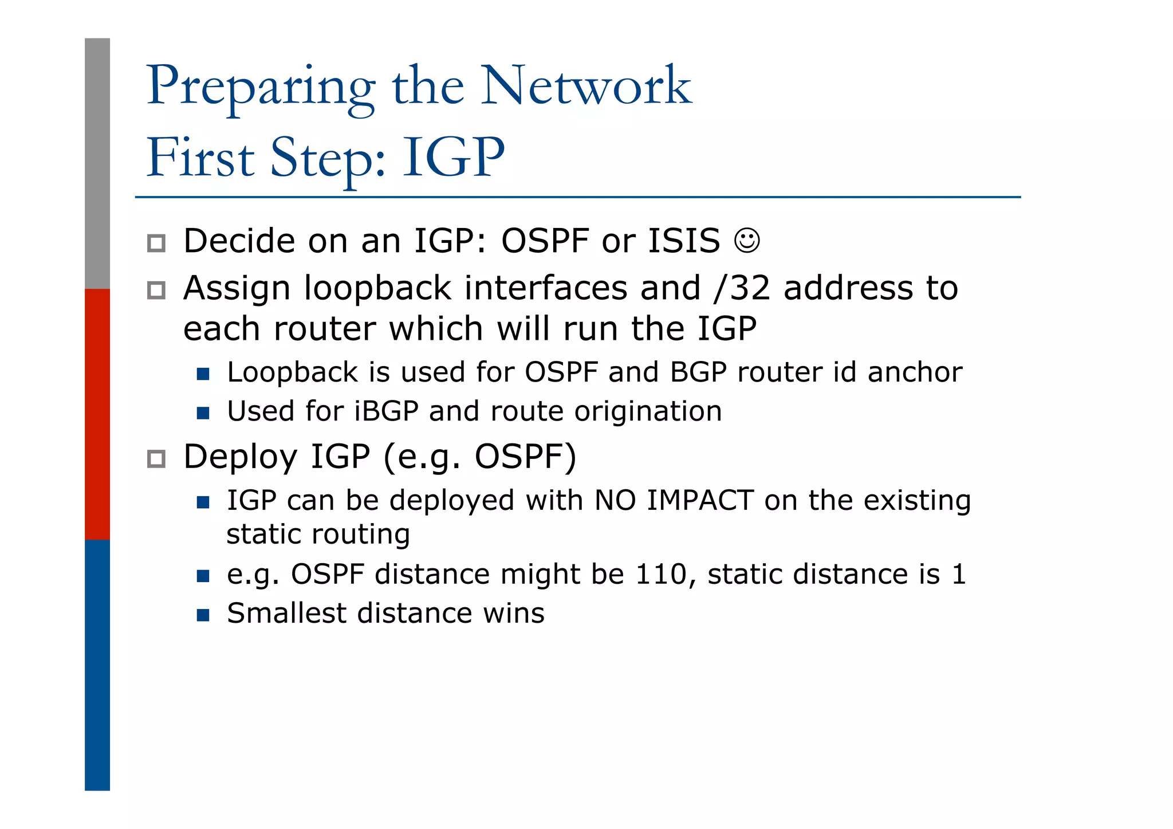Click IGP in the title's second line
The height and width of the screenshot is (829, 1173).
[x=454, y=158]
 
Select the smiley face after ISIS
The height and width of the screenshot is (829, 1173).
[x=747, y=241]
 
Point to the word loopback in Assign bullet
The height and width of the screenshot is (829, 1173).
[x=377, y=288]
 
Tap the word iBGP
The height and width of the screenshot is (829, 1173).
[x=386, y=411]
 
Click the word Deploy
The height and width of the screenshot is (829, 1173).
[x=240, y=457]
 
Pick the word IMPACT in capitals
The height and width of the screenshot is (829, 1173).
[x=699, y=500]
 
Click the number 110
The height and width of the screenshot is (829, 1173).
[x=660, y=574]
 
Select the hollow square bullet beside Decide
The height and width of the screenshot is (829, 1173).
[x=156, y=243]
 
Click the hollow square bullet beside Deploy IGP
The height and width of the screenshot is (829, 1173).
[x=156, y=459]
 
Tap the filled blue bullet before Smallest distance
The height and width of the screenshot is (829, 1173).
[x=203, y=615]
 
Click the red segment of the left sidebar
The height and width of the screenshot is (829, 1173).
[x=97, y=414]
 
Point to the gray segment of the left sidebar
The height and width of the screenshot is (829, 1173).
[x=97, y=163]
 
